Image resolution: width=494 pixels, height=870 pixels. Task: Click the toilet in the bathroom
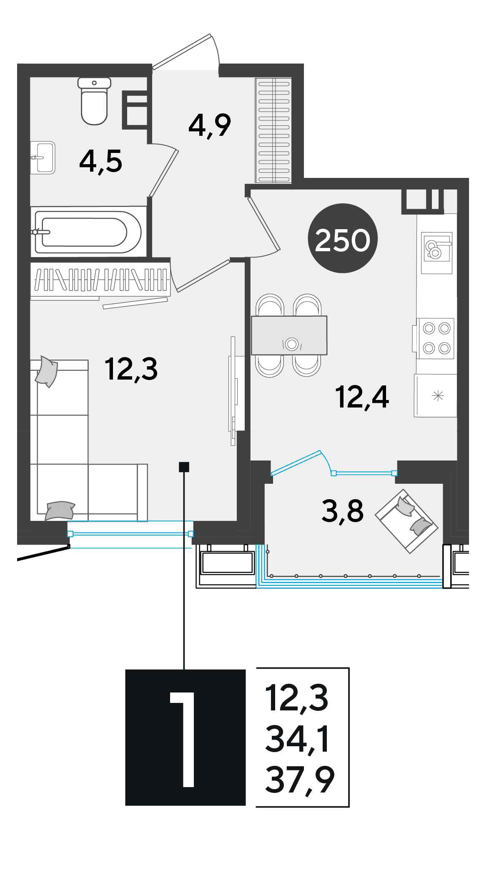click(94, 101)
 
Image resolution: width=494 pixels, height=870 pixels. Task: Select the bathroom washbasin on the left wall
click(43, 157)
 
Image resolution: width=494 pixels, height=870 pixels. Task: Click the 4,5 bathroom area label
click(101, 162)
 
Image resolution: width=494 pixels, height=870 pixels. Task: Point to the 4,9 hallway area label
click(210, 125)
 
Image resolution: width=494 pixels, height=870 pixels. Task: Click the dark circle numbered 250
click(343, 238)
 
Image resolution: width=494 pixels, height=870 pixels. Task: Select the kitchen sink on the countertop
click(436, 252)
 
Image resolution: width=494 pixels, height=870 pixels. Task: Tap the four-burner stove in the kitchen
click(436, 338)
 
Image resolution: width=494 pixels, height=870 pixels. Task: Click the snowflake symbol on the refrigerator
click(438, 395)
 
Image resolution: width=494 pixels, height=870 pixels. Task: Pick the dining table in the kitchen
click(289, 335)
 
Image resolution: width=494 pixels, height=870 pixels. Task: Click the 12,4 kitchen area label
click(362, 397)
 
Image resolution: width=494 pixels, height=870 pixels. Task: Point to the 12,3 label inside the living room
click(131, 370)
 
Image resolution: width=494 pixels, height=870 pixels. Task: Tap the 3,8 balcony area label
click(343, 511)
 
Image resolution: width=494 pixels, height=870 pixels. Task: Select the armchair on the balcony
click(407, 521)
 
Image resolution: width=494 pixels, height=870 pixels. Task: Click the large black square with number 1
click(186, 737)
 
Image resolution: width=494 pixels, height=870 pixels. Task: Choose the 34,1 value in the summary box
click(298, 739)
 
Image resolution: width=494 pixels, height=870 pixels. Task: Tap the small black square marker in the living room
click(184, 467)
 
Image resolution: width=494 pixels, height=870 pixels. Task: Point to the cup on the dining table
click(292, 344)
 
